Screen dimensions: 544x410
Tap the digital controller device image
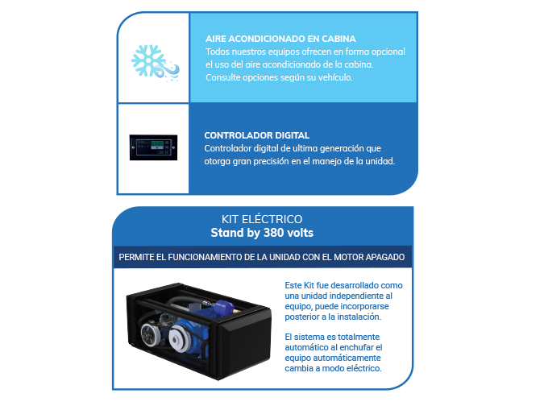tap(153, 147)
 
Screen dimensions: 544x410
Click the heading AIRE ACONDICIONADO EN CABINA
tap(280, 39)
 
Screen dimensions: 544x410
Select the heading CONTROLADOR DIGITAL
tap(257, 135)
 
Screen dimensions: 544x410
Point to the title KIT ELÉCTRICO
tap(262, 219)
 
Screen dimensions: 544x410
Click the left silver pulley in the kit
tap(151, 334)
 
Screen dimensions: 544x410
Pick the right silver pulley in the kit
tap(180, 338)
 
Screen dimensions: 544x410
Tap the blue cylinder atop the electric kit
tap(224, 308)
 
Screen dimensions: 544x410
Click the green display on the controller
tap(157, 143)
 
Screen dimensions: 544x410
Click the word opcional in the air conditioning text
tap(388, 52)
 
